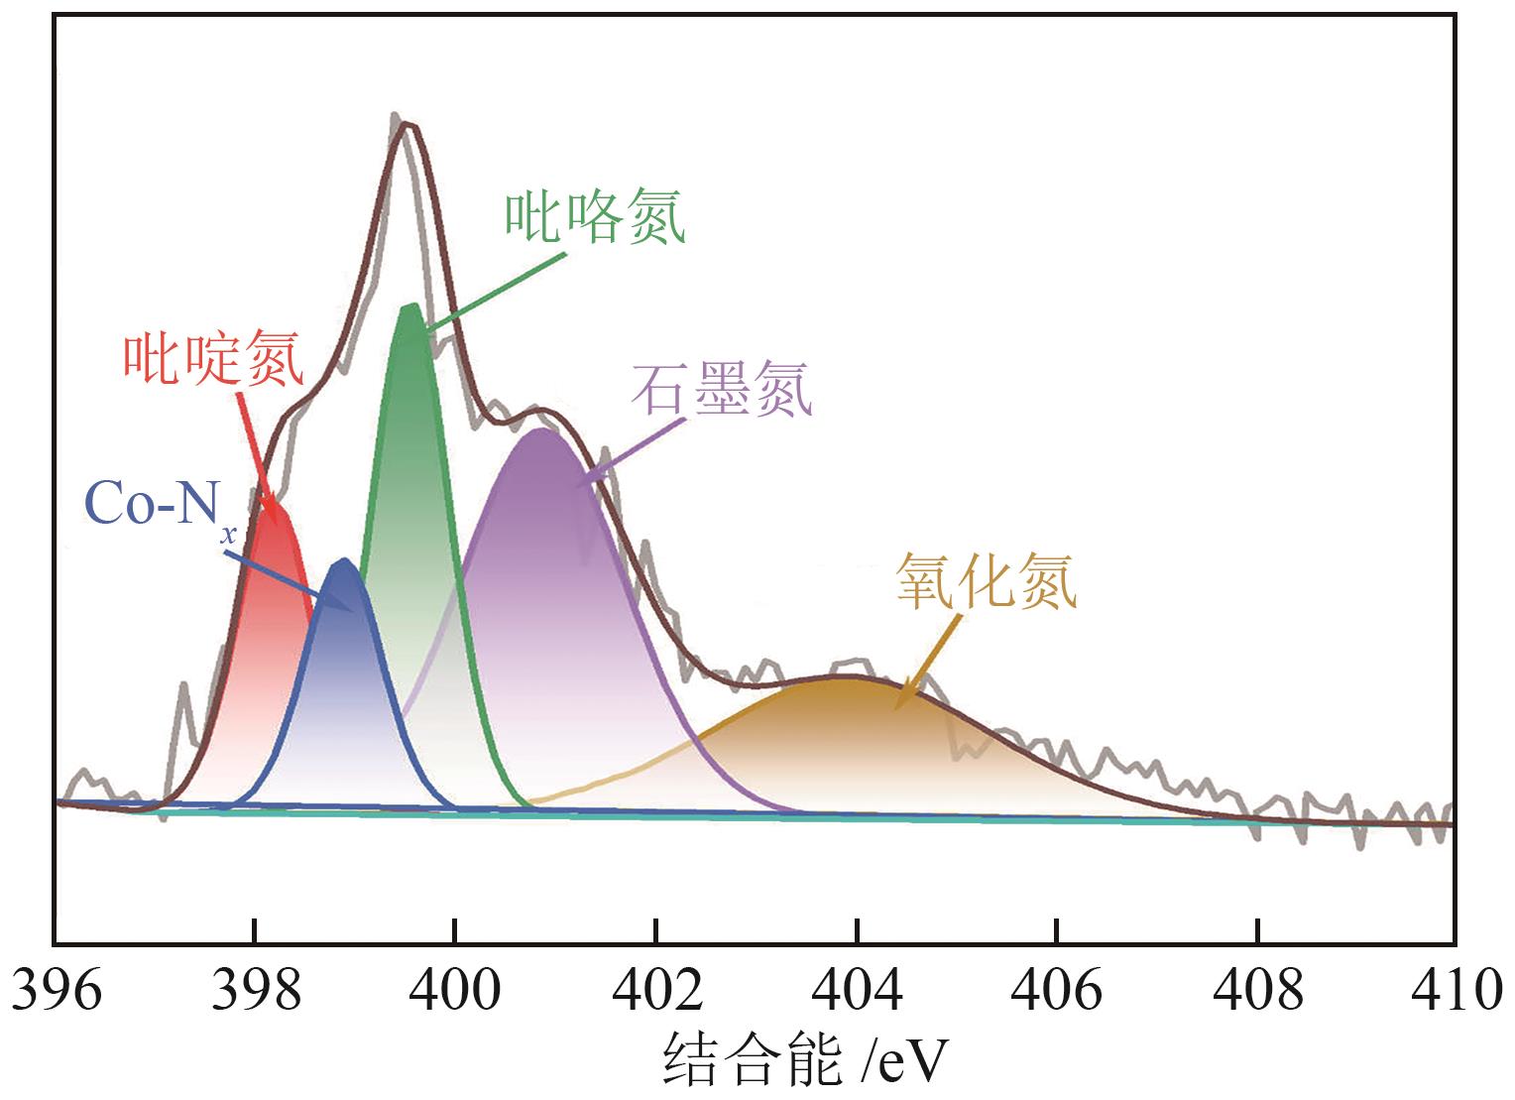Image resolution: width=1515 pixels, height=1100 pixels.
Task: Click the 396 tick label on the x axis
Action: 57,990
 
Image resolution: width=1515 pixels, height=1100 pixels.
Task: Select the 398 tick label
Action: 255,990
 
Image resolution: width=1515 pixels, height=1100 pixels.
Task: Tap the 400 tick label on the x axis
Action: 455,990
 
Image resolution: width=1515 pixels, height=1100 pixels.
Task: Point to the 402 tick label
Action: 656,990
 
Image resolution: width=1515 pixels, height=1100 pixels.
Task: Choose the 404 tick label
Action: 857,990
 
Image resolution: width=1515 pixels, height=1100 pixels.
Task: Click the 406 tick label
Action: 1057,990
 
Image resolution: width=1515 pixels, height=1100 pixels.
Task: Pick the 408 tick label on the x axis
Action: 1257,990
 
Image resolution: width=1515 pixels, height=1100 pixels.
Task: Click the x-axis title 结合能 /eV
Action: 804,1061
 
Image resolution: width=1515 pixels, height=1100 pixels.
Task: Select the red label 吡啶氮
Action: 213,359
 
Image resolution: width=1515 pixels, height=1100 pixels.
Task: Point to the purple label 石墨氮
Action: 722,389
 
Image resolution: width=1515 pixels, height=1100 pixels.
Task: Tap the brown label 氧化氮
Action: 986,581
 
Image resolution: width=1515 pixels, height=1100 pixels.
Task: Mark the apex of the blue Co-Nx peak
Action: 345,560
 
